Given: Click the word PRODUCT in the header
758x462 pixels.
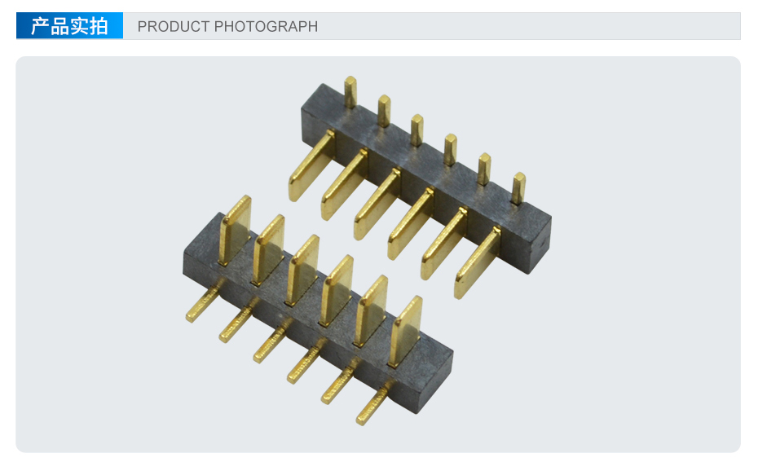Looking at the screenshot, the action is (173, 26).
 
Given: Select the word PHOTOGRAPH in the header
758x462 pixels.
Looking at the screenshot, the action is (266, 26).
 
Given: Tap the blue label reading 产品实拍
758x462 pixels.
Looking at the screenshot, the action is (69, 25).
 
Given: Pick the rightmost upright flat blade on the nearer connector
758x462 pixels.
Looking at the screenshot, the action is (405, 332).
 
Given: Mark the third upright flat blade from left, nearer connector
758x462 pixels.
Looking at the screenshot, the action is (302, 271).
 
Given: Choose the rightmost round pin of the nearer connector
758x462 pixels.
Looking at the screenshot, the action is (375, 404).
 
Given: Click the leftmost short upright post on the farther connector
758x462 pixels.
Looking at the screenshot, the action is (350, 92).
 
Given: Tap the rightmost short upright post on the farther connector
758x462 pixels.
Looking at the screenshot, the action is (518, 188).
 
